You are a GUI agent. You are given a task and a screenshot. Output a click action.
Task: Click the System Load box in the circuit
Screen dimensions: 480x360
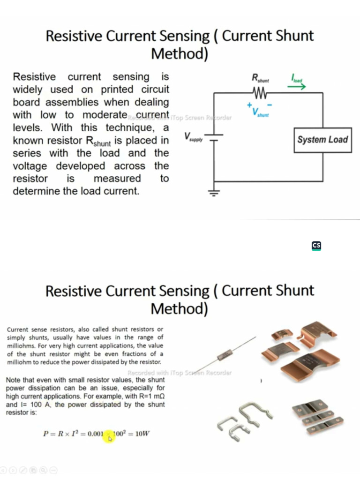322,140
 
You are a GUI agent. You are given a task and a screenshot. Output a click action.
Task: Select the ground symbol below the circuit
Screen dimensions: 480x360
214,193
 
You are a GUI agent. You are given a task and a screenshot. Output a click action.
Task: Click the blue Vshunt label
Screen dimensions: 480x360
260,112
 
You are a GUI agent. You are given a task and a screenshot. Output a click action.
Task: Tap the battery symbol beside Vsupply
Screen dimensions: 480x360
214,136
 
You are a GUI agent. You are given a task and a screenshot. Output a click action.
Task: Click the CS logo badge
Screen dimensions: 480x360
316,246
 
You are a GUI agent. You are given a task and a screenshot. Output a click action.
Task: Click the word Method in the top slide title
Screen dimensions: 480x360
180,54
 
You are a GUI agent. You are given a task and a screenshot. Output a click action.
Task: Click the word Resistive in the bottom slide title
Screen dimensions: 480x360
74,291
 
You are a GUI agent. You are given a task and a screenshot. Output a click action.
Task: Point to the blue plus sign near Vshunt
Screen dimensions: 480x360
250,105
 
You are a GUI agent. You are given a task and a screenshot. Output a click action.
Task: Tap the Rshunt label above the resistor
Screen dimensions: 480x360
260,78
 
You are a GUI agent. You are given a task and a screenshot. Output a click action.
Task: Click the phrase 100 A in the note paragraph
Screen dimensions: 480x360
37,405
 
